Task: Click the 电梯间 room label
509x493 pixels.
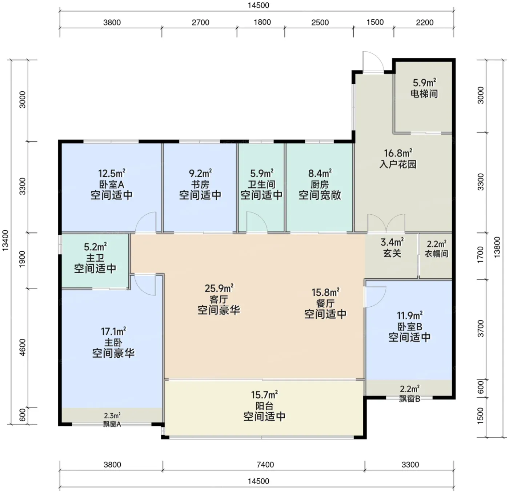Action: coord(424,94)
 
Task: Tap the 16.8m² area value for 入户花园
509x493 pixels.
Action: coord(398,153)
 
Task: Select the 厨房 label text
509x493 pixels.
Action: coord(320,184)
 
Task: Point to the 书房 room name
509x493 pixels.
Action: coord(200,184)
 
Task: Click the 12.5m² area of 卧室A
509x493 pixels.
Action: coord(112,173)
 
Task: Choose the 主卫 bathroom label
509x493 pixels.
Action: coord(95,258)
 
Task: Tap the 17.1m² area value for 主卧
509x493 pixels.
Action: coord(113,331)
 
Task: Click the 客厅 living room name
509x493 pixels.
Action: coord(219,299)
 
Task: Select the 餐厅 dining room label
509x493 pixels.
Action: coord(325,303)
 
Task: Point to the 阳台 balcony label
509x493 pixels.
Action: coord(264,406)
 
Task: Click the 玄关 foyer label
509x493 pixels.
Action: coord(392,253)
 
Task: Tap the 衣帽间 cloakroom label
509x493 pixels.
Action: coord(436,254)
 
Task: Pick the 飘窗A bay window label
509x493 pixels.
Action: coord(112,424)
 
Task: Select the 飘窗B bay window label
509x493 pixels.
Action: coord(410,398)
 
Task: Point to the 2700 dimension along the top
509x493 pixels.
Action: coord(200,23)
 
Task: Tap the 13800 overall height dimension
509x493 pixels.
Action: coord(497,247)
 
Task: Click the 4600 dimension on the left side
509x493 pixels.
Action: coord(23,347)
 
